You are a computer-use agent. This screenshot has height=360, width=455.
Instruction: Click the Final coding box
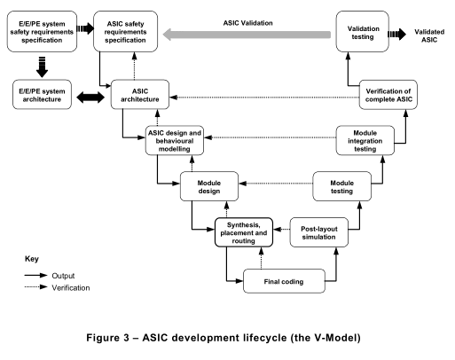tap(284, 281)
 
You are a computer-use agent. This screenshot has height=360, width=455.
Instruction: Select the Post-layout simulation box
tap(318, 232)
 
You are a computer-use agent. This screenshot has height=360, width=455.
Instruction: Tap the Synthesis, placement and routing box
tap(244, 232)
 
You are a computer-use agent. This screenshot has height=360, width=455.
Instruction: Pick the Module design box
tap(209, 186)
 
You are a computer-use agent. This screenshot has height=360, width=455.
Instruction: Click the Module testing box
tap(341, 186)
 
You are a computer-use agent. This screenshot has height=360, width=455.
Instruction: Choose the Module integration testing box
tap(365, 141)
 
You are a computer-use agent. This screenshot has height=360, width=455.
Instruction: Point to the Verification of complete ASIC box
tap(388, 95)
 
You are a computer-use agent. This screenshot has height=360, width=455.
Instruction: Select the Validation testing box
tap(363, 32)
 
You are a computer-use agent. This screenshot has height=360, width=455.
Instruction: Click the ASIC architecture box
tap(140, 95)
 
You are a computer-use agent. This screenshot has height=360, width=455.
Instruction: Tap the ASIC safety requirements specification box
tap(125, 32)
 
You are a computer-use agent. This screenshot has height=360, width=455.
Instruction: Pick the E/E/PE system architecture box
tap(42, 95)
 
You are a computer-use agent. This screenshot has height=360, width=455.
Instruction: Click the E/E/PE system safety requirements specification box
tap(42, 32)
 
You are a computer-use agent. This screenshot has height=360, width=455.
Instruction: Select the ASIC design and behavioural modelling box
tap(175, 141)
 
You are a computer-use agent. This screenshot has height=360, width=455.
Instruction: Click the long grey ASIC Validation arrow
tap(247, 35)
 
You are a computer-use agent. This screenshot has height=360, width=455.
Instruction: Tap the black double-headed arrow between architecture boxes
tap(90, 98)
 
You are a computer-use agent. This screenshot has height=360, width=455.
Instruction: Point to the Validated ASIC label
tap(429, 35)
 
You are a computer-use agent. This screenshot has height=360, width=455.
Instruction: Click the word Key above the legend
tap(32, 259)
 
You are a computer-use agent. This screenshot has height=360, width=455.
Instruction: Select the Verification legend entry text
tap(71, 288)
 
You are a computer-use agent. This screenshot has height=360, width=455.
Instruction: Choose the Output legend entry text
tap(63, 276)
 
